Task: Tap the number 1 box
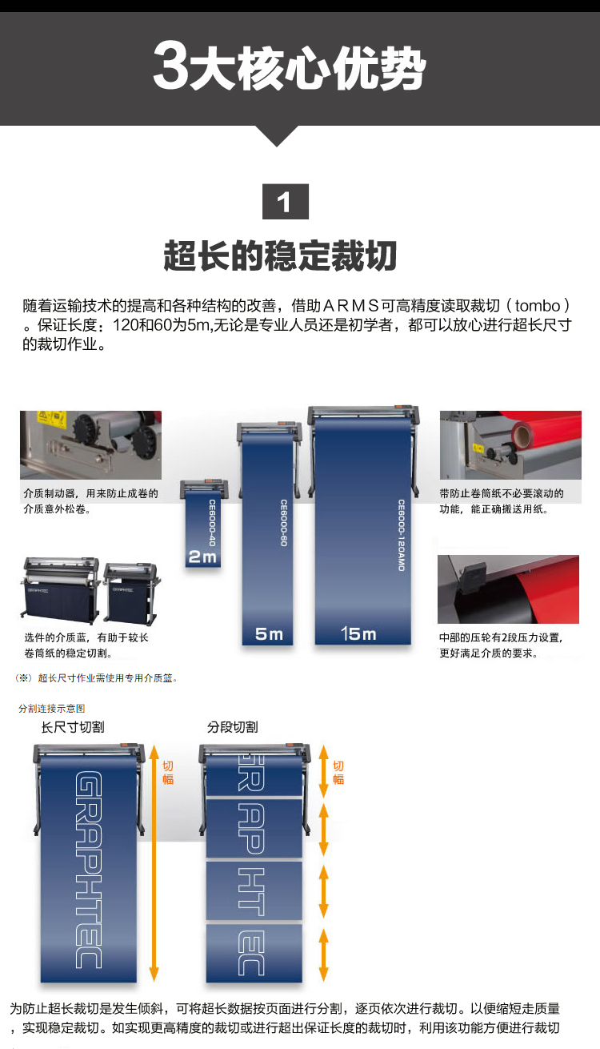click(285, 201)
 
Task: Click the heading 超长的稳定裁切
click(281, 255)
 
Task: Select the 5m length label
click(269, 634)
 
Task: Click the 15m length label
click(358, 634)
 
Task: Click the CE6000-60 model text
click(283, 524)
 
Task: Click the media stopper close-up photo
click(90, 444)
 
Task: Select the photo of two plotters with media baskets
click(90, 589)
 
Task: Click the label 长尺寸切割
click(73, 727)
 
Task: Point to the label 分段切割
click(232, 727)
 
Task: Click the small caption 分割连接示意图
click(51, 708)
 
